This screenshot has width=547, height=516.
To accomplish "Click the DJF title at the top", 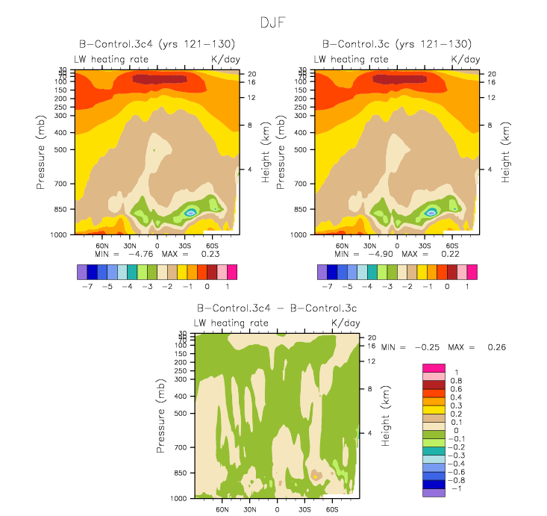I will pyautogui.click(x=272, y=22).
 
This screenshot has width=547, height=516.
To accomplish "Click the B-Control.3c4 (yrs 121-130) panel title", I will pyautogui.click(x=157, y=45).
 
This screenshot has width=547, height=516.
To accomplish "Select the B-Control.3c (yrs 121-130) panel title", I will pyautogui.click(x=396, y=45).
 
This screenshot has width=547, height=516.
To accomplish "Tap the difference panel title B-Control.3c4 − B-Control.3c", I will pyautogui.click(x=277, y=308).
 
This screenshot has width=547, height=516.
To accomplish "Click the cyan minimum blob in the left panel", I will pyautogui.click(x=190, y=213).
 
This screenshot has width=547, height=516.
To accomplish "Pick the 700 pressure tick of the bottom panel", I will pyautogui.click(x=181, y=447).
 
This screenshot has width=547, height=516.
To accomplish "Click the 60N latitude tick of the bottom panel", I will pyautogui.click(x=222, y=509).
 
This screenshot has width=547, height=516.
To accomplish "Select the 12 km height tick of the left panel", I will pyautogui.click(x=253, y=97).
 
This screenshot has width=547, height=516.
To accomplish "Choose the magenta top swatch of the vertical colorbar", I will pyautogui.click(x=434, y=367).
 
